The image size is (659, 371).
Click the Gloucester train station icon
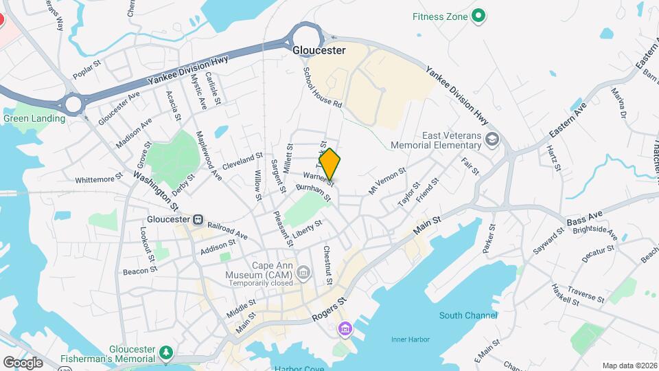point(198,219)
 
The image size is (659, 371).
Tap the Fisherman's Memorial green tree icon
point(165,353)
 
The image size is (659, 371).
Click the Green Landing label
point(34,118)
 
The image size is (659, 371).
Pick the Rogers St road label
point(329,309)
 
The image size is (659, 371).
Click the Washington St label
point(156,190)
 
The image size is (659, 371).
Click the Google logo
point(23,362)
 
